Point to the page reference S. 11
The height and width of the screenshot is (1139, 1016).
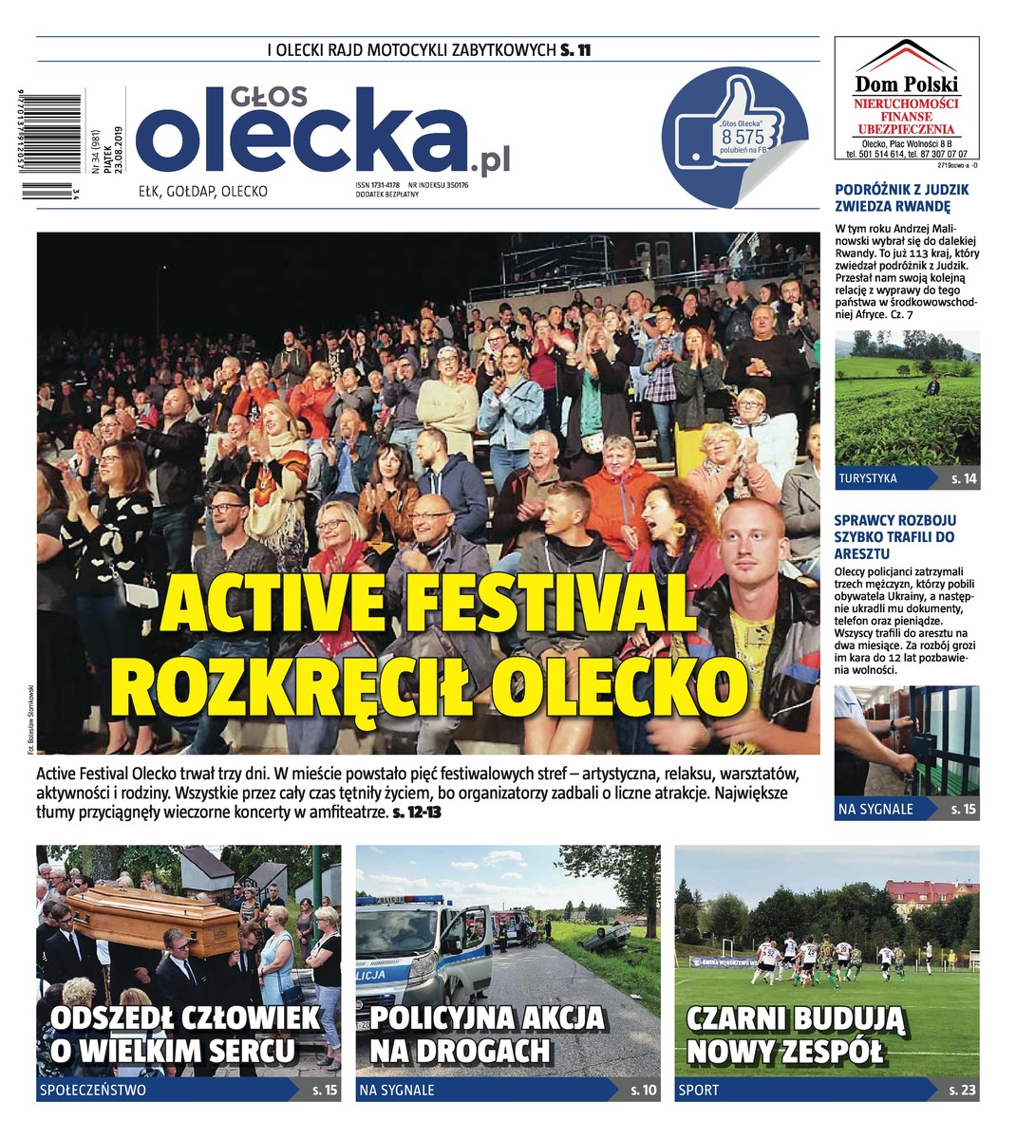pos(575,51)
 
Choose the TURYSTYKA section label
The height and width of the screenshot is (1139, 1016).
pos(868,478)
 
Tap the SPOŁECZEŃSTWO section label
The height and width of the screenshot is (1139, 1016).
pos(93,1091)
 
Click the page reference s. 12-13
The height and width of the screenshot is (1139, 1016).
pos(417,813)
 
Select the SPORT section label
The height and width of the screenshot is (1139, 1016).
pos(698,1091)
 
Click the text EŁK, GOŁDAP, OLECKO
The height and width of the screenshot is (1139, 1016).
pos(203,192)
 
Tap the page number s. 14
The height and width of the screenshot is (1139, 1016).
pos(963,478)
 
